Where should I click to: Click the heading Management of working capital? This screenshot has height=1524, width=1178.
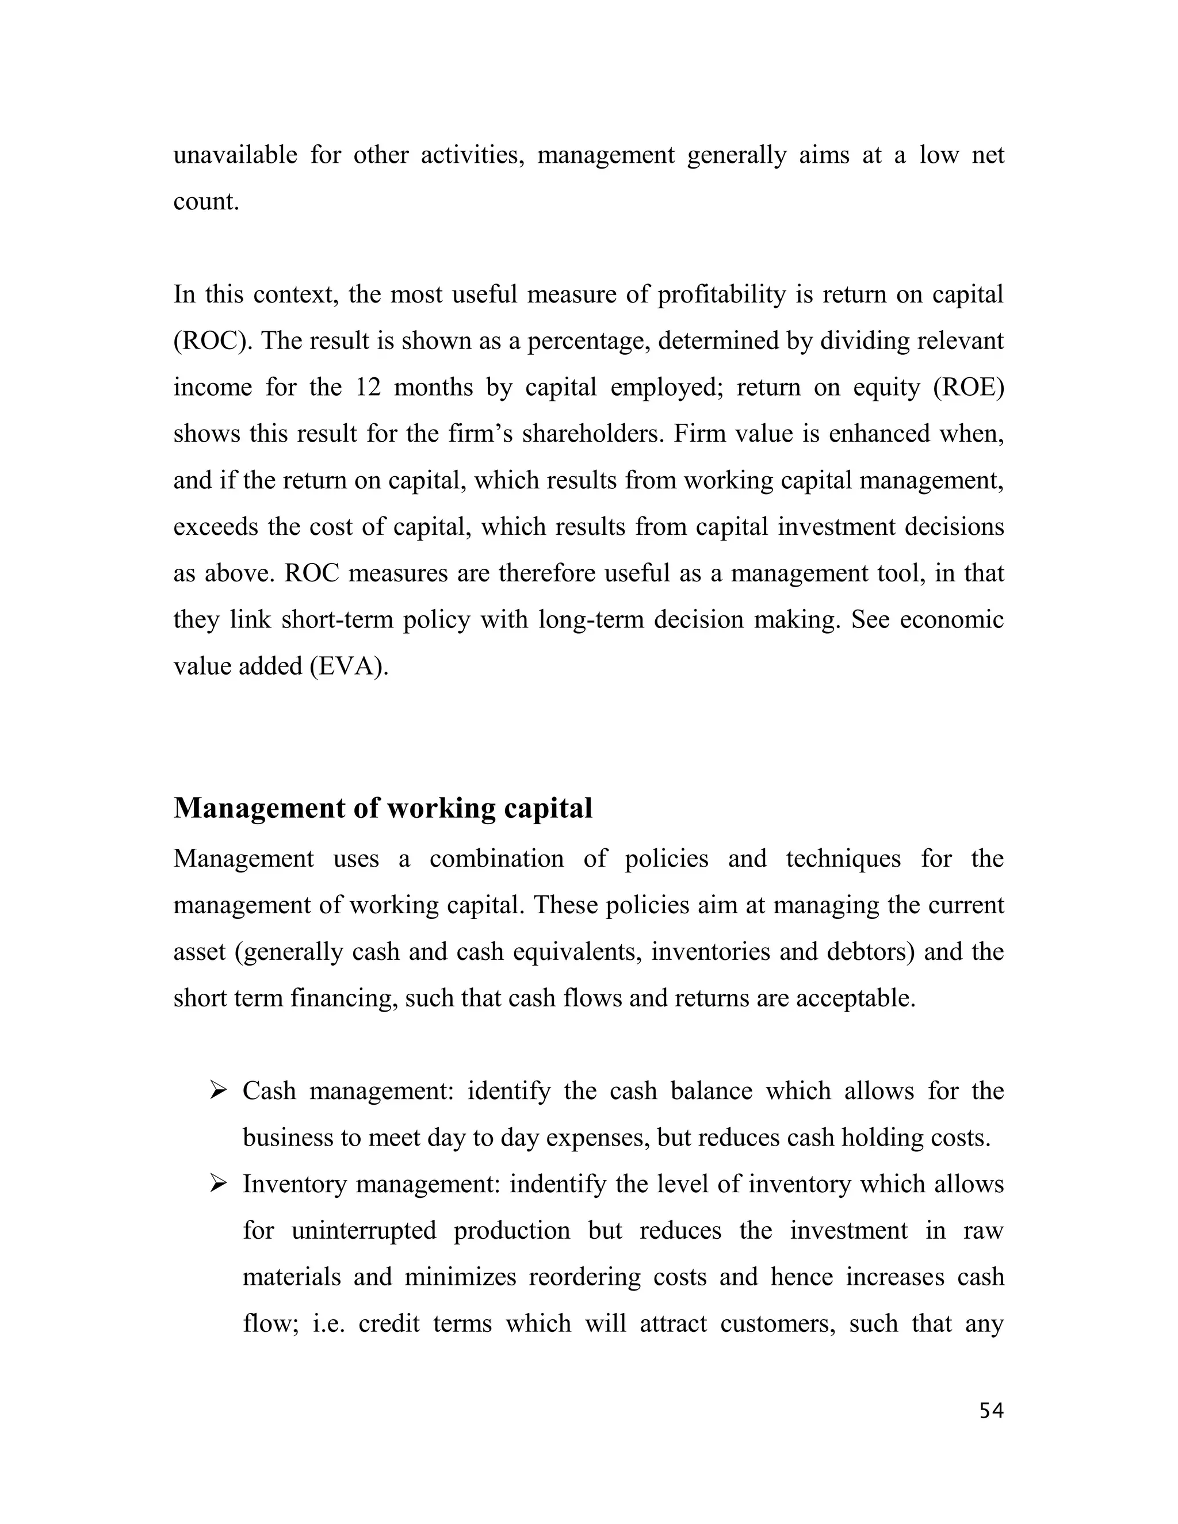383,809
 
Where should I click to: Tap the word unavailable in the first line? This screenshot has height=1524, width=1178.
235,155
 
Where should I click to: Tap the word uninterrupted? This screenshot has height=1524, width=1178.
364,1230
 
